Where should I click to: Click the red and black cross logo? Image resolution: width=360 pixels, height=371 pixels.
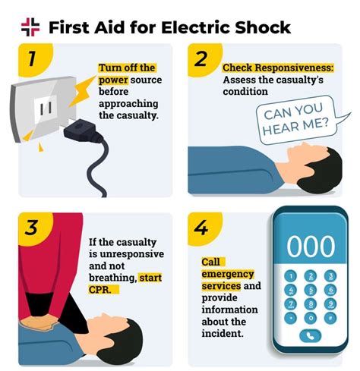pos(30,27)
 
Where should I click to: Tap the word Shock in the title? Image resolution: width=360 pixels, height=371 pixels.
pos(263,27)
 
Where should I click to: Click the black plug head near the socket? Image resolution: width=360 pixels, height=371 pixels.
pos(82,130)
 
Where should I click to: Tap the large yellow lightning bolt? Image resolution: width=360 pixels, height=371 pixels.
pos(82,90)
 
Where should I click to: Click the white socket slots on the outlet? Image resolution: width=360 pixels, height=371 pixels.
pos(46,108)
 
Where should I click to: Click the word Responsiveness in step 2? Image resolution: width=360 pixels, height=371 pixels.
pos(294,68)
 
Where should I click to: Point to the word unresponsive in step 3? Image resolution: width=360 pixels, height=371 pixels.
pos(132,254)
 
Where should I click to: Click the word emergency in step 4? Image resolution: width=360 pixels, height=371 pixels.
pos(228,274)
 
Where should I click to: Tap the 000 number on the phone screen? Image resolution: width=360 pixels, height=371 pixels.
pos(311,246)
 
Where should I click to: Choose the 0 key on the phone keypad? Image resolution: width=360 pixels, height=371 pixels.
pos(311,318)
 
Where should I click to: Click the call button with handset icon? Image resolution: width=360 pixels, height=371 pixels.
pos(311,336)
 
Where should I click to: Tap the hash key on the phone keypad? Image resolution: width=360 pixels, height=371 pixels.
pos(330,318)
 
